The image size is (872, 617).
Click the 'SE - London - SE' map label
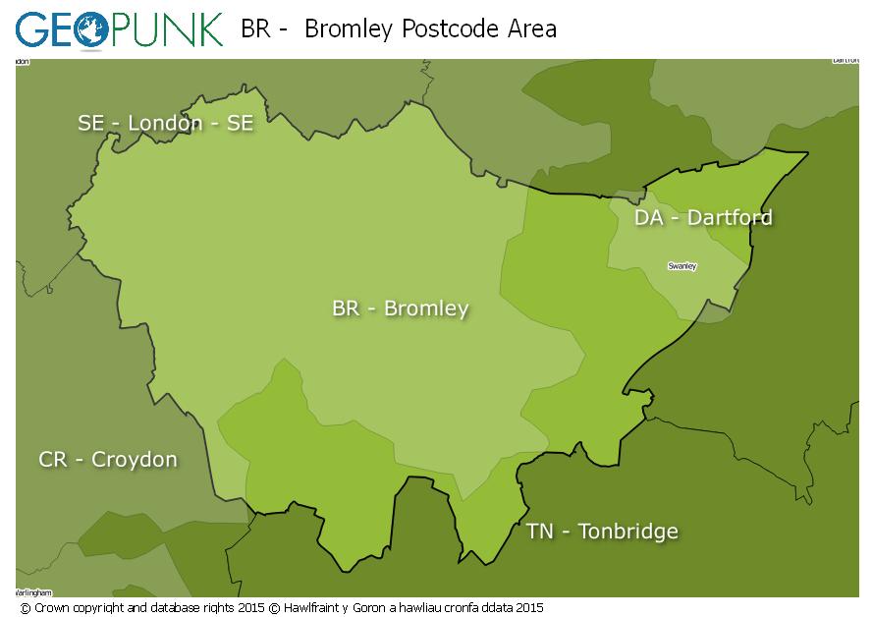pyautogui.click(x=165, y=123)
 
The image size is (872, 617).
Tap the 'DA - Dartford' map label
pyautogui.click(x=703, y=217)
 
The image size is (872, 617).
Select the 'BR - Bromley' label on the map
pyautogui.click(x=400, y=308)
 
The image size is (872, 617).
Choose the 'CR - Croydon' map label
pyautogui.click(x=108, y=459)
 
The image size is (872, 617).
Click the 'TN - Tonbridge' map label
pyautogui.click(x=602, y=532)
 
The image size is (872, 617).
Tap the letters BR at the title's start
pyautogui.click(x=255, y=29)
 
